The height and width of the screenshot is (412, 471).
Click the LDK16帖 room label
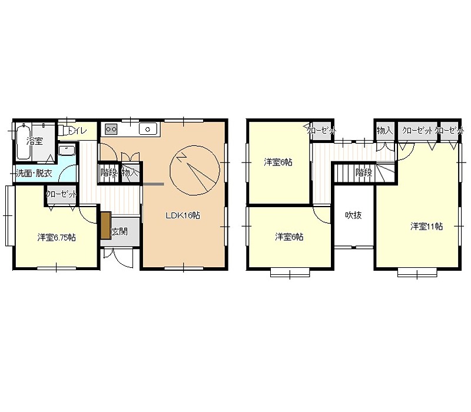(183, 215)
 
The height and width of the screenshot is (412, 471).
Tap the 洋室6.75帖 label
(57, 238)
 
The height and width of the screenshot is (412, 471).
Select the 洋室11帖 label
(426, 226)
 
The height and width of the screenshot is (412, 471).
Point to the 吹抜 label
(353, 215)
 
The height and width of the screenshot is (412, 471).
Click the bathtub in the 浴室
(23, 142)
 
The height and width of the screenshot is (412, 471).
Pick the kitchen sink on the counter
(148, 129)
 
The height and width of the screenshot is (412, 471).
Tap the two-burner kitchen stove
(111, 129)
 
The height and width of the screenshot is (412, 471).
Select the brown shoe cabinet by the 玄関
(106, 225)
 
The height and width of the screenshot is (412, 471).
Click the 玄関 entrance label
(120, 231)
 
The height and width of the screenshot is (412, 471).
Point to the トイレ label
(78, 131)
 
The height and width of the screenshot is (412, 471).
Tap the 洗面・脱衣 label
(34, 173)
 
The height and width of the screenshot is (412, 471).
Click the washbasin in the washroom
(67, 151)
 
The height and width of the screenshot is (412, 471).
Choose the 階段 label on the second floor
(364, 172)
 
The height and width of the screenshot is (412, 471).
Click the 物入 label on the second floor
(385, 131)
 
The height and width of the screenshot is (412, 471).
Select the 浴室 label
(35, 141)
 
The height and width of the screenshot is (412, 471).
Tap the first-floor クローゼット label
(62, 194)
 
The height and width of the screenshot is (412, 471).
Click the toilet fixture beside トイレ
(63, 131)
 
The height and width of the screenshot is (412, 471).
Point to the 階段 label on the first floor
(109, 172)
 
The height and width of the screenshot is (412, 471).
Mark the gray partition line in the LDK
(153, 184)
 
